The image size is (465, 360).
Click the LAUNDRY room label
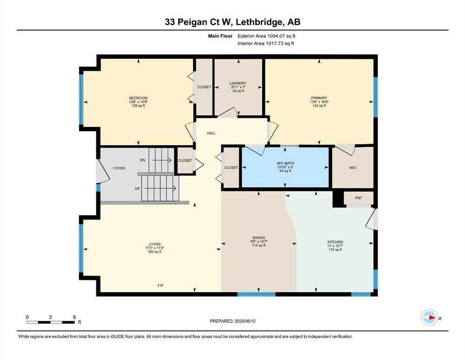point(238,83)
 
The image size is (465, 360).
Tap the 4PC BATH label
point(285,163)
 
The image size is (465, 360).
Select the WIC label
point(353,168)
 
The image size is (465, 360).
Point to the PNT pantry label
point(358,198)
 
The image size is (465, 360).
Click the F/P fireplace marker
point(160,285)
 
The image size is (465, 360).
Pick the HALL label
point(211,133)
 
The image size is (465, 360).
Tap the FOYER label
point(119,168)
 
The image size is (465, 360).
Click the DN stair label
point(142,160)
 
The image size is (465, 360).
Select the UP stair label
point(137,188)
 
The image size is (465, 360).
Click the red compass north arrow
point(432,318)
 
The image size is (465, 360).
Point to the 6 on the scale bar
point(74,317)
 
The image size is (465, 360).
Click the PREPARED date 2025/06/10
point(245,321)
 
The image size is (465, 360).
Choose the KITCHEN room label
point(335,242)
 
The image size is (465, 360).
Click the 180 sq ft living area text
point(155,252)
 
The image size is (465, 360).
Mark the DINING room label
point(258,238)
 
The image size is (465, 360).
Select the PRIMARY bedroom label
point(319,98)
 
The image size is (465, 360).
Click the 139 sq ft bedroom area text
point(138,105)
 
